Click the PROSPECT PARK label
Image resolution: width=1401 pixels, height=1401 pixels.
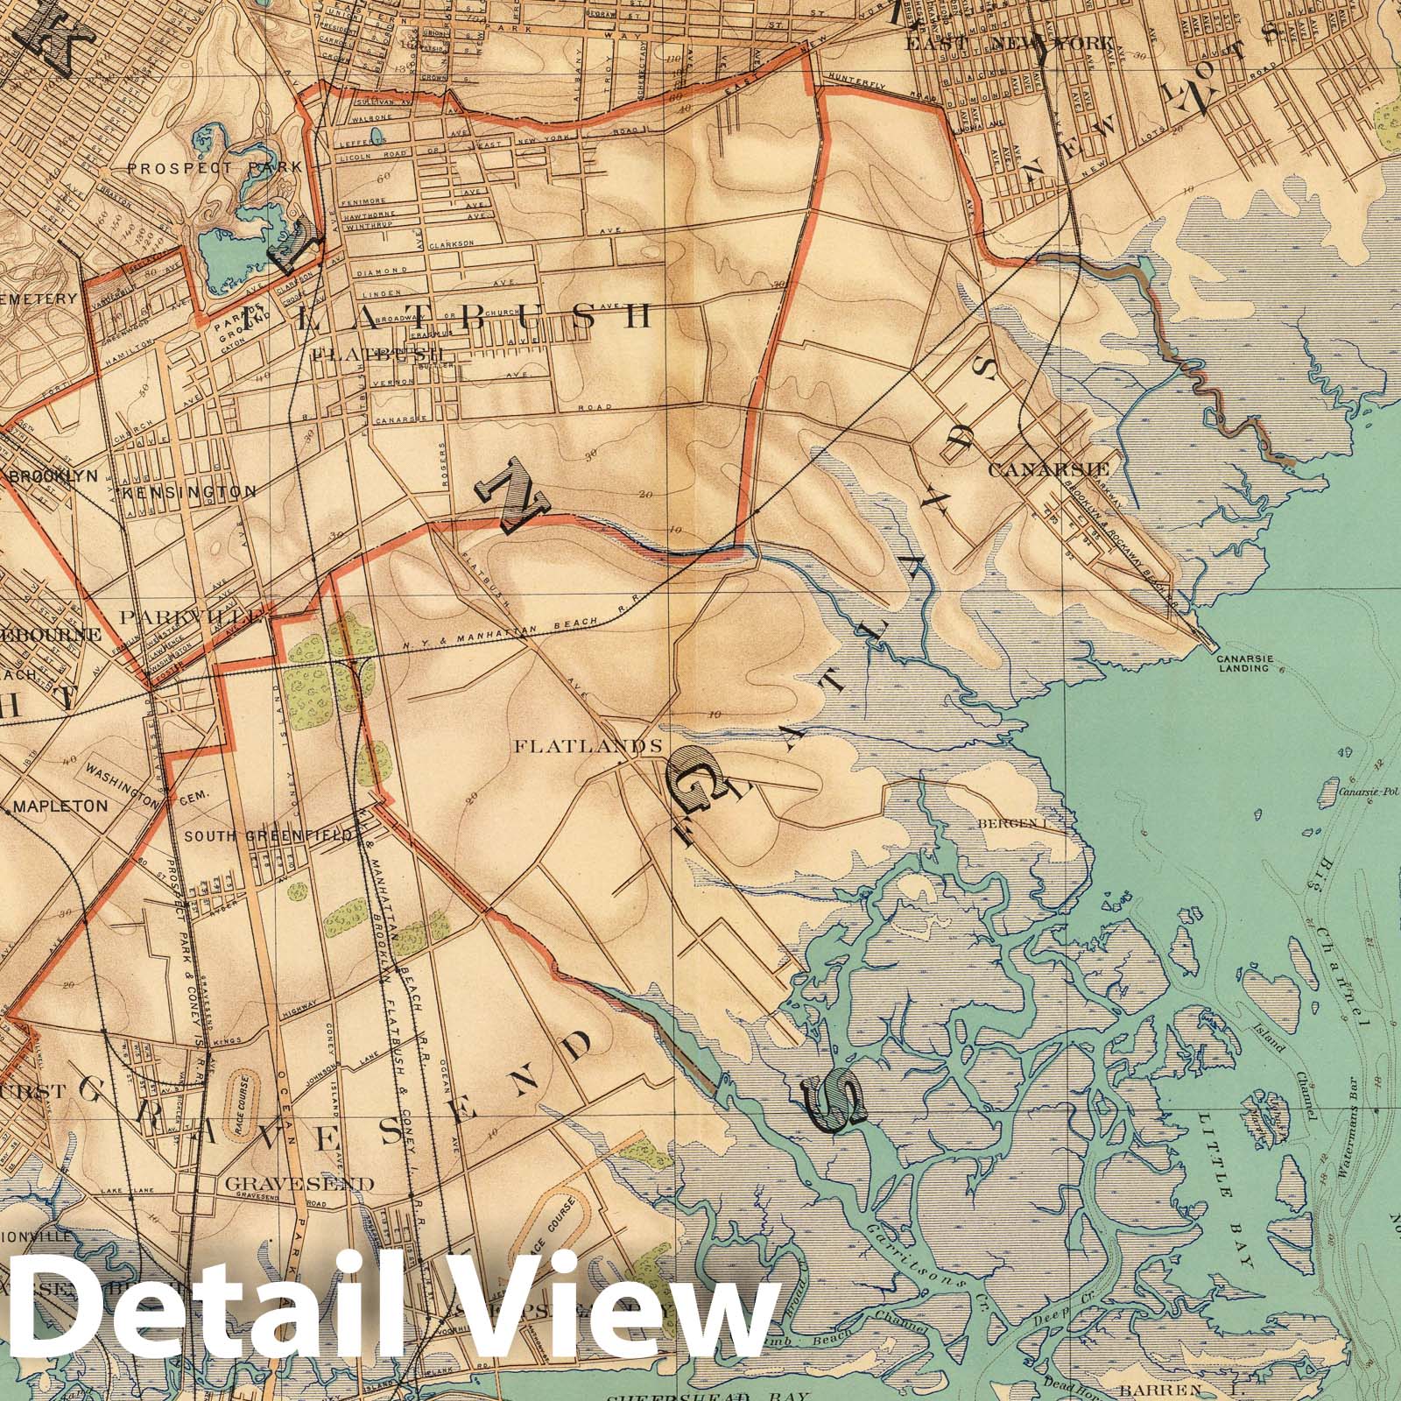click(x=215, y=166)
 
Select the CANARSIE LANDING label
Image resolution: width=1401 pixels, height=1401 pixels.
click(x=1247, y=663)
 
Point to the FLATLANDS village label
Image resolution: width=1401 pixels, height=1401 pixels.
click(x=588, y=747)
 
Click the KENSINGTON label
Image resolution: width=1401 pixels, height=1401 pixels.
click(x=192, y=492)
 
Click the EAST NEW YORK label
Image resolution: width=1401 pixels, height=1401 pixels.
click(x=1010, y=42)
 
